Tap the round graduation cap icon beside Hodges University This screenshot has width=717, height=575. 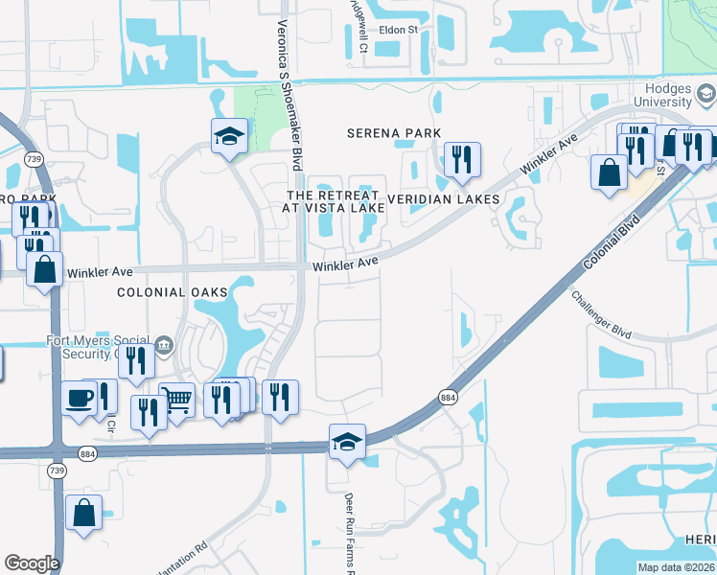(x=705, y=94)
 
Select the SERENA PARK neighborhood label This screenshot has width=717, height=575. (x=394, y=133)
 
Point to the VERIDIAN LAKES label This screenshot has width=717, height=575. (x=444, y=199)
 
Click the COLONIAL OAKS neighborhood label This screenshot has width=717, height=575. (x=173, y=291)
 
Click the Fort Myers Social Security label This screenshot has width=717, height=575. (x=99, y=347)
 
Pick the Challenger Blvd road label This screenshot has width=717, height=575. (x=601, y=313)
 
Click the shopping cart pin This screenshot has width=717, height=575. (x=176, y=400)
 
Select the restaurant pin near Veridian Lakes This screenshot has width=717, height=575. (x=462, y=160)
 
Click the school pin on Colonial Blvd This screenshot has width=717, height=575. (x=347, y=442)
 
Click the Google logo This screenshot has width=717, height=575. (x=32, y=563)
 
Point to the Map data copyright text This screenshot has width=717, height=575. (x=675, y=567)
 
